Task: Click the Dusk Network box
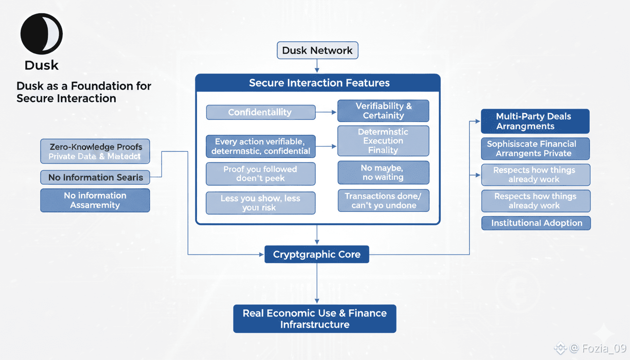click(317, 51)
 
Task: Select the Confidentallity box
click(260, 112)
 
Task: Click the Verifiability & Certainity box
click(383, 111)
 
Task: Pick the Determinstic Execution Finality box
click(383, 141)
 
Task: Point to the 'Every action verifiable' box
click(260, 146)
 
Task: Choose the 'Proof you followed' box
click(260, 174)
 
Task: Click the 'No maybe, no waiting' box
click(383, 172)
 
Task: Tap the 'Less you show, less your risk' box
click(260, 203)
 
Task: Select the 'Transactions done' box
click(383, 201)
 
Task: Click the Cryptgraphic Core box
click(317, 255)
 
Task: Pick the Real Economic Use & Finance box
click(315, 319)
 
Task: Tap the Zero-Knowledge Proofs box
click(95, 151)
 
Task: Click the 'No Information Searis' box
click(95, 177)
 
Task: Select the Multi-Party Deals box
click(535, 121)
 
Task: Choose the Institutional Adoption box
click(536, 223)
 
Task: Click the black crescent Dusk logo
click(41, 34)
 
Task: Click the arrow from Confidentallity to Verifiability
click(326, 112)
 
